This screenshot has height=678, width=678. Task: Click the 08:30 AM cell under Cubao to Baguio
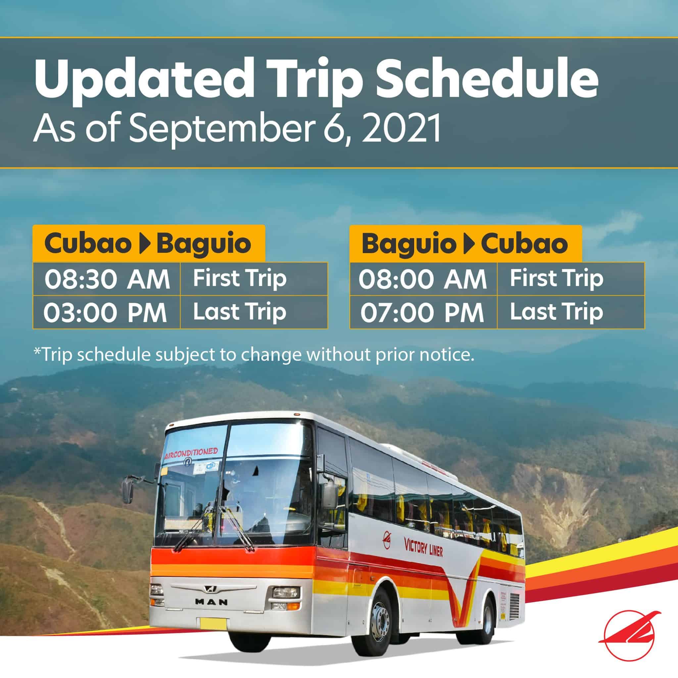point(107,279)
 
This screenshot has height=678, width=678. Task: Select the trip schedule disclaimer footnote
point(254,355)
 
